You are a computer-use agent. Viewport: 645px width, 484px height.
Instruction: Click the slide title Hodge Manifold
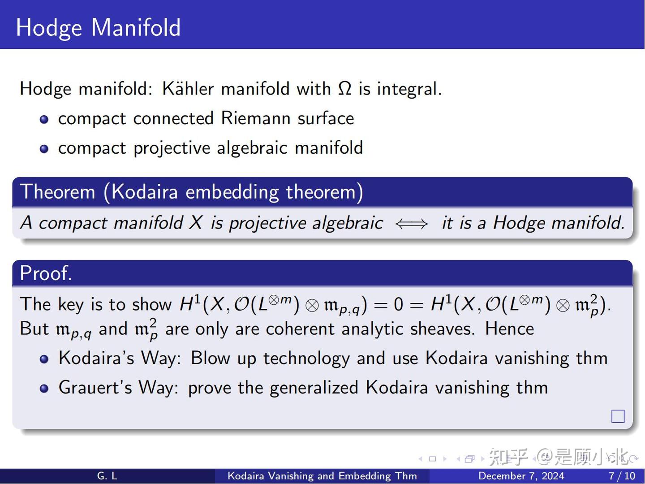pos(98,27)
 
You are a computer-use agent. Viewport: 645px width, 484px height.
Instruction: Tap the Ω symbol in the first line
pos(344,88)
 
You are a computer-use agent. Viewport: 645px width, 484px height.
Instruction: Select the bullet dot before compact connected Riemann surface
pos(44,119)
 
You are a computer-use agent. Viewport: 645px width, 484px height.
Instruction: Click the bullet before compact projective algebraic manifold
pos(44,149)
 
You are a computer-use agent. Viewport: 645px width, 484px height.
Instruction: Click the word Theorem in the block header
pos(58,192)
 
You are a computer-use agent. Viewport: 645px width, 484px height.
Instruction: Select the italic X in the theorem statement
pos(195,223)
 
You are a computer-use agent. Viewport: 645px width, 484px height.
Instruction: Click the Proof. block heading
pos(46,273)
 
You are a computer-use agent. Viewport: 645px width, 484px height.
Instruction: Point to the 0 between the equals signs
pos(398,305)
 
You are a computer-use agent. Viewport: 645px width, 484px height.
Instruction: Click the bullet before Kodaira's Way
pos(44,359)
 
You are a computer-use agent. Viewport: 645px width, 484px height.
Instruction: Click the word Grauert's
pos(95,387)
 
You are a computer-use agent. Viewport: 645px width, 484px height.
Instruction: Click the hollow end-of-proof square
pos(618,416)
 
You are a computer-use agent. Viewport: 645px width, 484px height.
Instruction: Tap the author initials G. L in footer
pos(107,476)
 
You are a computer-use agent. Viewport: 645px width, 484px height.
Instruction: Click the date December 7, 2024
pos(521,476)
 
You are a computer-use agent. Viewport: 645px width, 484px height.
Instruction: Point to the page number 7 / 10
pos(622,476)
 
